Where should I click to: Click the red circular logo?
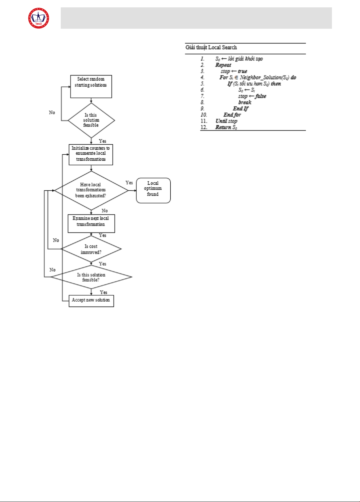pos(39,18)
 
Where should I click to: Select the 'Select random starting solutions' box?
pos(91,86)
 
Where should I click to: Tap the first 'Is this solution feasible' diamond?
pos(91,120)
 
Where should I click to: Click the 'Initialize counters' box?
pos(91,154)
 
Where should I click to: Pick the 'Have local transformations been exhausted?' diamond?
pos(91,190)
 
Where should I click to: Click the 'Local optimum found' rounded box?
pos(153,190)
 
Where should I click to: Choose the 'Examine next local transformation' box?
pos(91,223)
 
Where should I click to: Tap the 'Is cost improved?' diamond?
pos(91,249)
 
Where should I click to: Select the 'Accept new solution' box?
pos(91,301)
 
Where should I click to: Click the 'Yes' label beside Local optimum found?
pos(129,183)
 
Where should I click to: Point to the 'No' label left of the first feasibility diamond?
pos(52,113)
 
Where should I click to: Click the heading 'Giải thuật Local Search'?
pos(211,47)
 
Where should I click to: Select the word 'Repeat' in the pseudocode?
pos(223,65)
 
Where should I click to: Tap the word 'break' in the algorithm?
pos(245,103)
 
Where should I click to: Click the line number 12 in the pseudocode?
pos(204,127)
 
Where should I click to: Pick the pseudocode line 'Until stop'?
pos(226,121)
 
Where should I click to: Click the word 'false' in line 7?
pos(261,96)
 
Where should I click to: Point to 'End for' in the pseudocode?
pos(232,115)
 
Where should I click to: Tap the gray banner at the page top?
pos(196,18)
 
